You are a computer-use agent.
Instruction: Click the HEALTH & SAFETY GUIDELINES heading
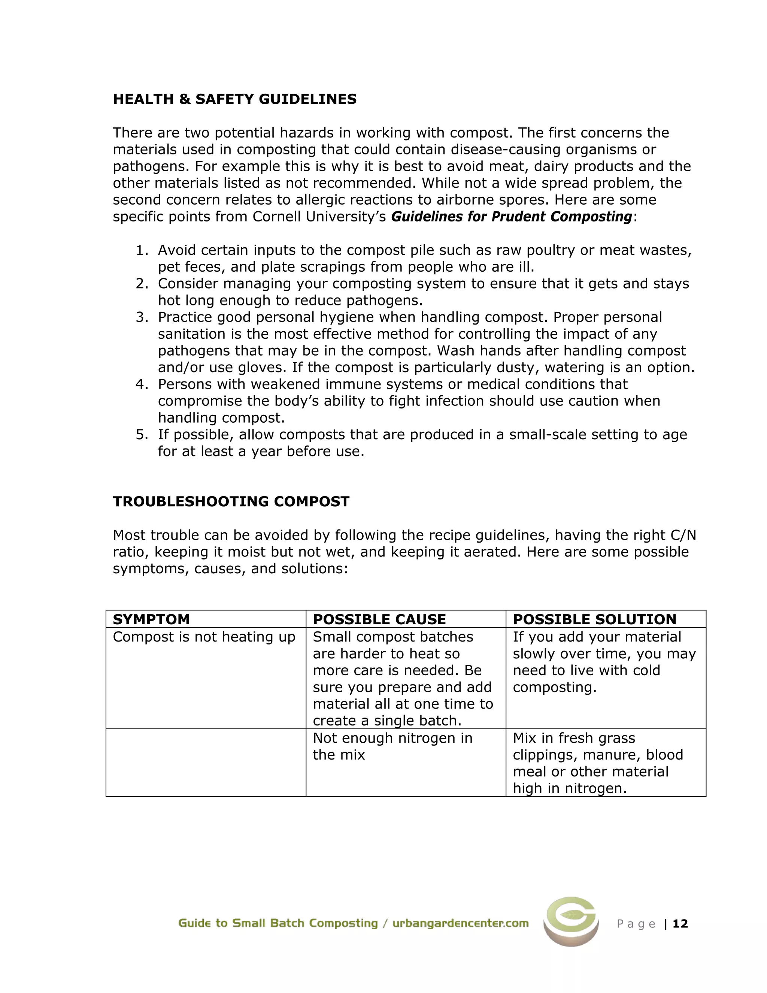pos(234,99)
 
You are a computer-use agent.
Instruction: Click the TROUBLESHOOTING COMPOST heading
pos(231,501)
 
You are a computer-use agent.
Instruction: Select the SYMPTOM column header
pos(151,619)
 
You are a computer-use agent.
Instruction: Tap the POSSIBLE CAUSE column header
pos(379,619)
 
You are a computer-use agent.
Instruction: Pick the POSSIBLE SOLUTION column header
pos(594,619)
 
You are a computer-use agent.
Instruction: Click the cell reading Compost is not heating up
pos(204,637)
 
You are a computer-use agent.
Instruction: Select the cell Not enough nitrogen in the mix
pos(392,746)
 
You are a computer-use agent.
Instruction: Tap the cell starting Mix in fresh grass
pos(597,763)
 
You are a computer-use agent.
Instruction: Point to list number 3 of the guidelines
pos(142,317)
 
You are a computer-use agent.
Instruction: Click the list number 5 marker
pos(142,435)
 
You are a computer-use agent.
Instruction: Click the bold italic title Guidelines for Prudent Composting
pos(511,217)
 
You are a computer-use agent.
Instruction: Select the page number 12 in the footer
pos(680,923)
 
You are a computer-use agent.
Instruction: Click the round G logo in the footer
pos(571,921)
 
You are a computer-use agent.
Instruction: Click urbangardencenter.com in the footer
pos(460,923)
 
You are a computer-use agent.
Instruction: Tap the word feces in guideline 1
pos(204,267)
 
